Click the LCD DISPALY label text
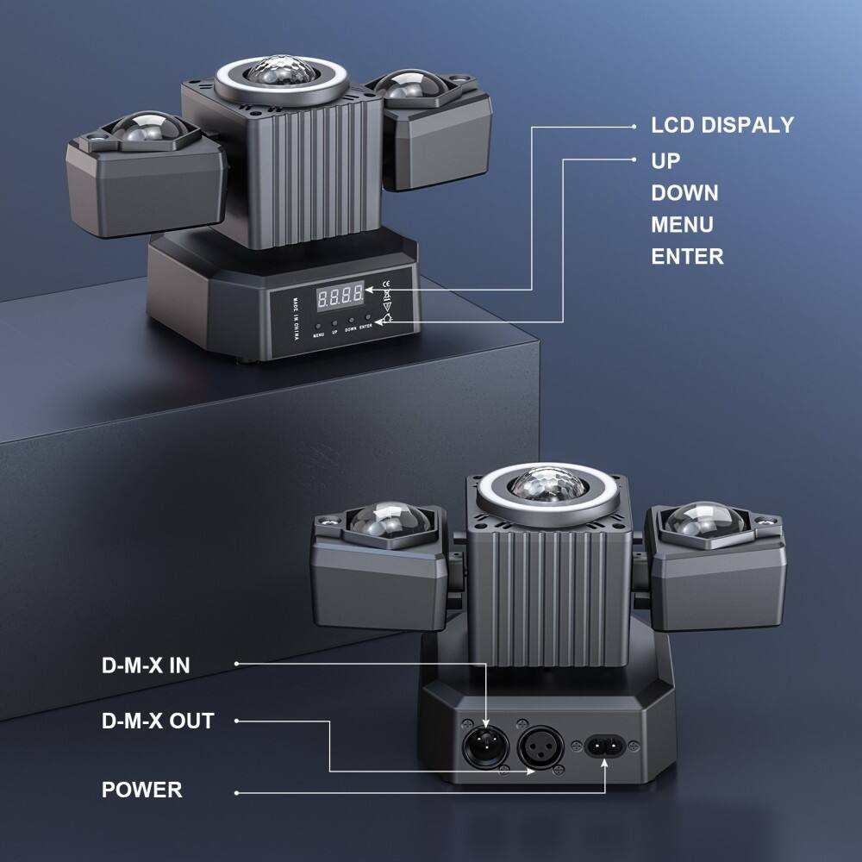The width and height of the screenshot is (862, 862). point(722,125)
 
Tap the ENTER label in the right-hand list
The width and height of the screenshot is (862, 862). point(687,256)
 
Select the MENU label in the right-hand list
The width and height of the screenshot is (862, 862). point(682,224)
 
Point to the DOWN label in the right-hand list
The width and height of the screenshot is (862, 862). point(684,192)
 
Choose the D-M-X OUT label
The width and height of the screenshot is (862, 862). point(158,720)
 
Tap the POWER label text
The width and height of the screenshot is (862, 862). point(142,790)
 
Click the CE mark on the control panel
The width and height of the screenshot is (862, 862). point(387,284)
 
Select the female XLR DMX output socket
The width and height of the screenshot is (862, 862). point(540,745)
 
